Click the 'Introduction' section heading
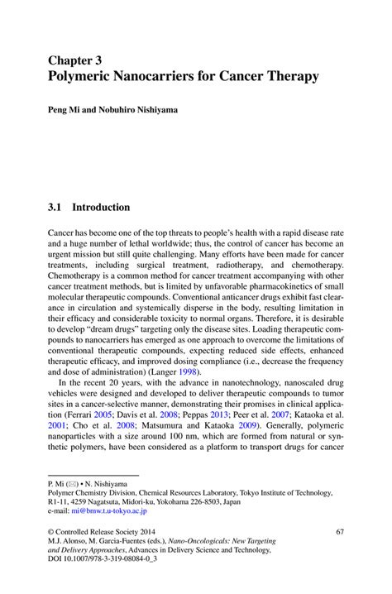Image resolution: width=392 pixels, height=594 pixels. click(101, 206)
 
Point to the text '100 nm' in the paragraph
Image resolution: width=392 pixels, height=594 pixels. click(191, 441)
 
